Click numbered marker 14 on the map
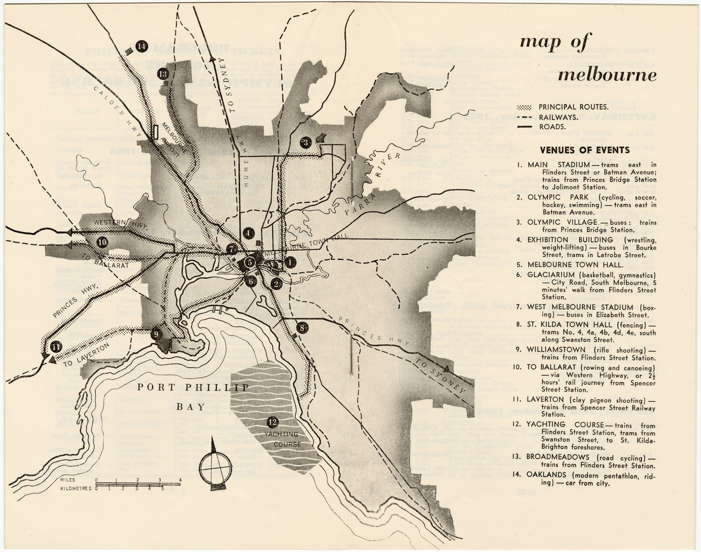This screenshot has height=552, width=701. point(142,46)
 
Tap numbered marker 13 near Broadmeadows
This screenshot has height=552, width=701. point(163,74)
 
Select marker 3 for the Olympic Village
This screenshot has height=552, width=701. point(306,143)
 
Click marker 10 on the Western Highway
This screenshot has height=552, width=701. point(102,242)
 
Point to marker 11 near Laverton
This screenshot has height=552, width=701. point(55,347)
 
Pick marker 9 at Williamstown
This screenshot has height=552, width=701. point(156,333)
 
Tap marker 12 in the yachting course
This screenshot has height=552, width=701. point(272,422)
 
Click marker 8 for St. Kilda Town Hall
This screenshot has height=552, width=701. point(302,328)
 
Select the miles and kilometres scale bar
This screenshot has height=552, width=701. point(138,484)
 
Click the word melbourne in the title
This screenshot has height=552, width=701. point(606,76)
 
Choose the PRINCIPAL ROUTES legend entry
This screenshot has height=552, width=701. point(573,107)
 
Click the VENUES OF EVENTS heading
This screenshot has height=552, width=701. point(585,150)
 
